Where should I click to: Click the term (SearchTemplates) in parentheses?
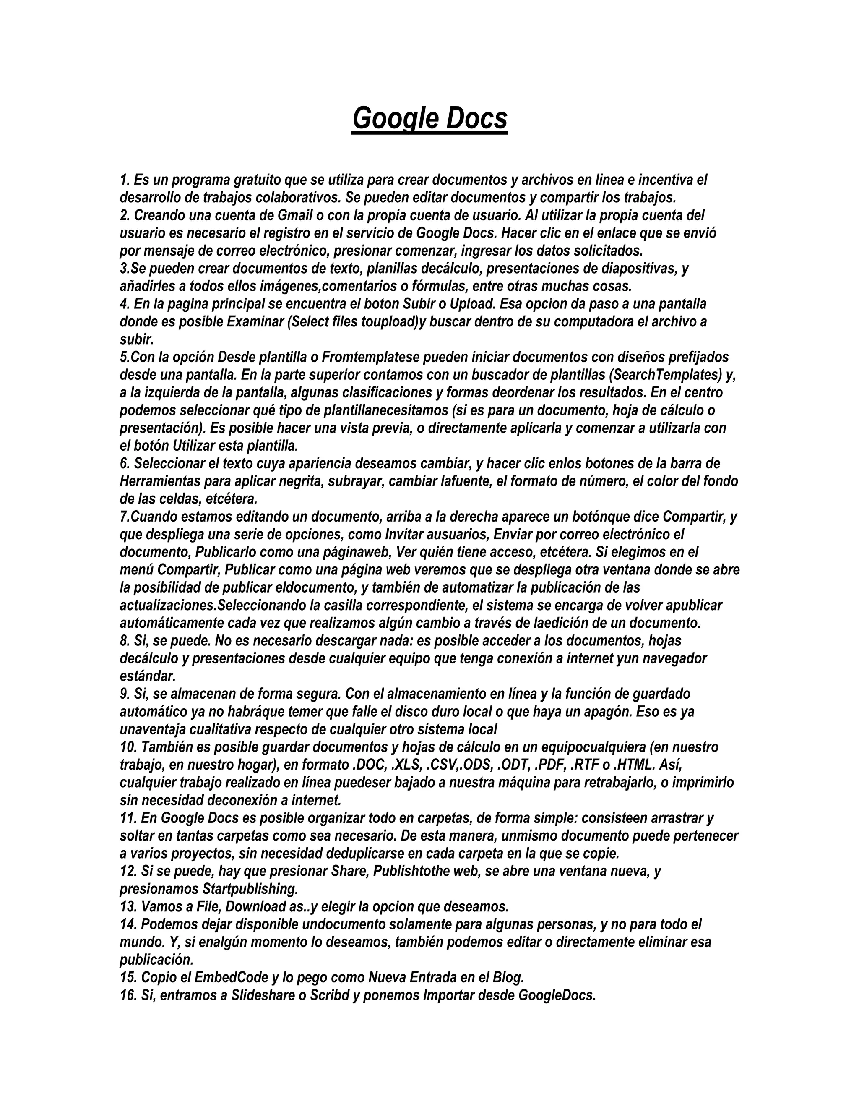coord(666,375)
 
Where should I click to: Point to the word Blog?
coord(508,978)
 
